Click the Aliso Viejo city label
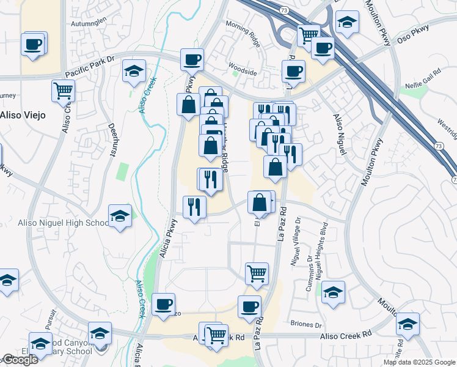click(x=23, y=116)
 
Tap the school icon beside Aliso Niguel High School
click(x=120, y=216)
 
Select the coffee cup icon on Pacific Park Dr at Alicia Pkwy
click(x=192, y=60)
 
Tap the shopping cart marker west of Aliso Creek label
click(x=64, y=91)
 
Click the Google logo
click(x=20, y=360)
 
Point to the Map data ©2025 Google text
click(x=419, y=362)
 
